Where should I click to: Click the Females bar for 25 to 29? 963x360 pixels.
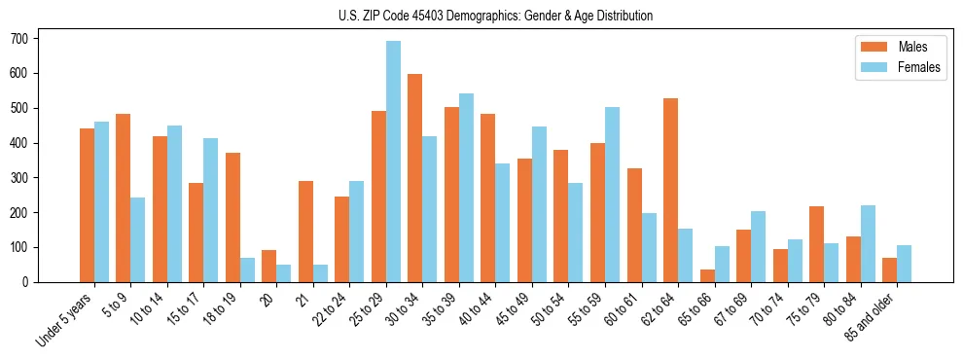[393, 162]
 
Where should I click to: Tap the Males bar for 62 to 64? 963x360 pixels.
[670, 190]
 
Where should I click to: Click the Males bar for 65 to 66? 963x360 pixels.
[707, 275]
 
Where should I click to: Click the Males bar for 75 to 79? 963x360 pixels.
[816, 244]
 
